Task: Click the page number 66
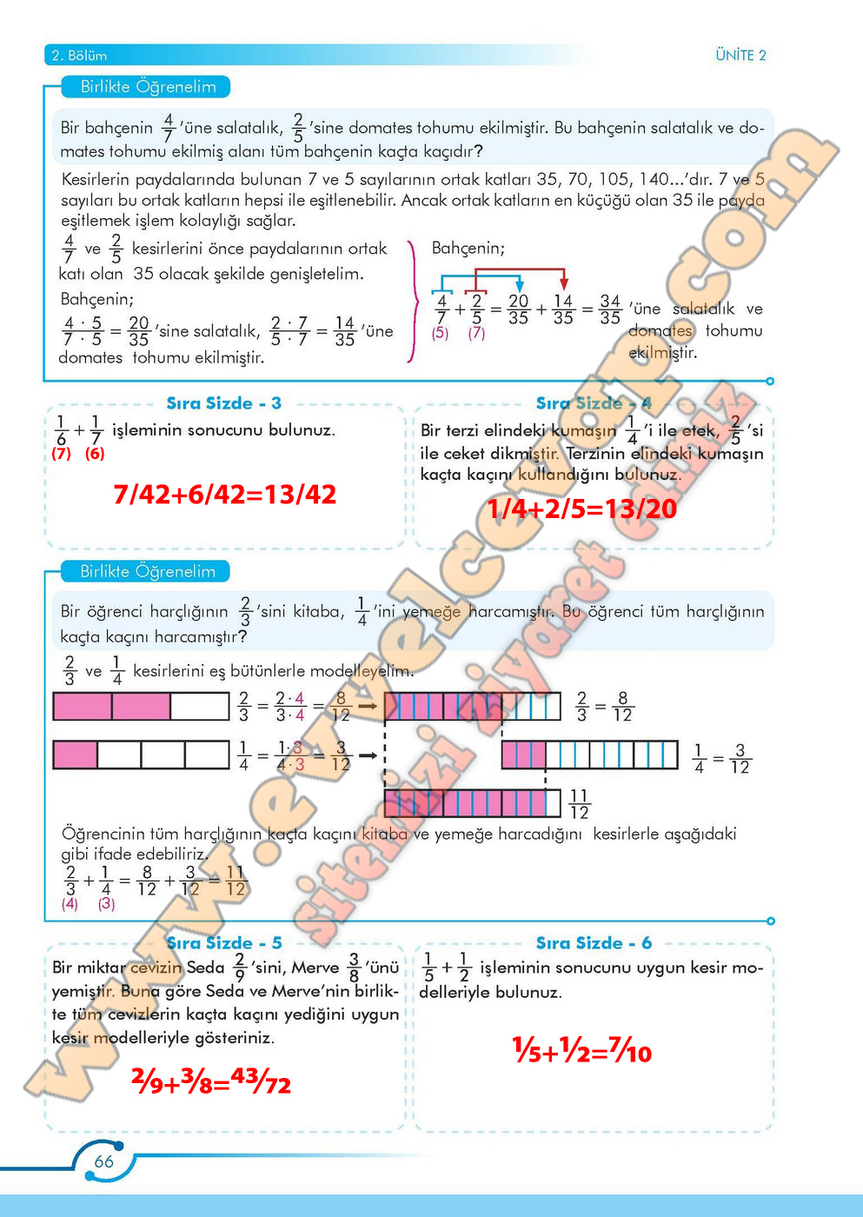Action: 103,1161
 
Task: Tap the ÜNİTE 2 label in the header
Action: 740,56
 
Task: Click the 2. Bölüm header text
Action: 79,56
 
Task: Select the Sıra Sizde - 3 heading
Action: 223,403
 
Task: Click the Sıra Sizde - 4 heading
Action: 594,403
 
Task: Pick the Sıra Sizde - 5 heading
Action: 223,943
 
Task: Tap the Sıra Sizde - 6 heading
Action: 594,943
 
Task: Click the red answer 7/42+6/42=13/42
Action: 224,495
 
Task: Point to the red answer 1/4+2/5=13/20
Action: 581,509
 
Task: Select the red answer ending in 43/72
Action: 211,1081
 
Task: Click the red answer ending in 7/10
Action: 581,1051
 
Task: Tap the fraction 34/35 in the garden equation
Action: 610,309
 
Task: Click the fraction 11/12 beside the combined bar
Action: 579,804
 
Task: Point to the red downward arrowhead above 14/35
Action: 564,283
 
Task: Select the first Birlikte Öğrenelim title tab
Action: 146,87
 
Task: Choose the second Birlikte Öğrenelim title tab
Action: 146,571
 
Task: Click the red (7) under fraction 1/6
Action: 61,453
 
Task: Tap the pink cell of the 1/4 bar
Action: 76,755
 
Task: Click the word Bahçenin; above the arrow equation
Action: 468,249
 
